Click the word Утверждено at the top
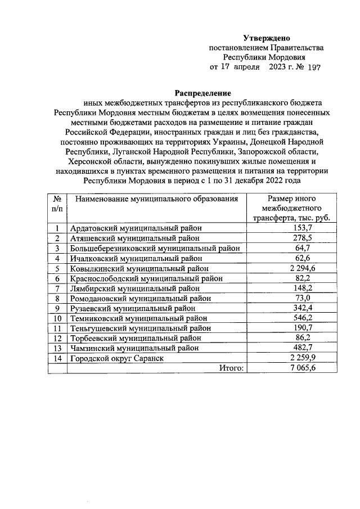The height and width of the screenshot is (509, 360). [266, 38]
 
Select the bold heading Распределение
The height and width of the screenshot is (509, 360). [202, 93]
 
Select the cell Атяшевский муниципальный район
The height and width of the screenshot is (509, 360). [135, 238]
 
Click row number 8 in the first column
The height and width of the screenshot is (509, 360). [57, 298]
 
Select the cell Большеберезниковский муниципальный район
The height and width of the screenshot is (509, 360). [155, 248]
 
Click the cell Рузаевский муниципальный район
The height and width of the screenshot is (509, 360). [133, 308]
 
